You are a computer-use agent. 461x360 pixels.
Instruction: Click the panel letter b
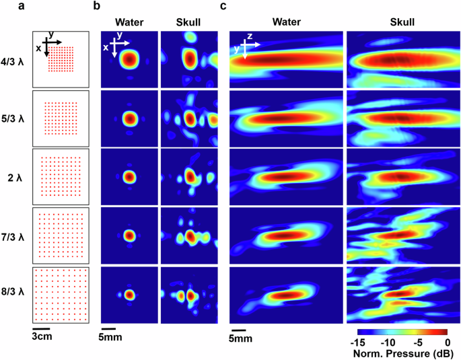click(97, 7)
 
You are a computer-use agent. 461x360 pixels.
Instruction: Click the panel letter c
click(223, 7)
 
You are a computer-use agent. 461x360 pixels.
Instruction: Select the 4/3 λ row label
click(14, 61)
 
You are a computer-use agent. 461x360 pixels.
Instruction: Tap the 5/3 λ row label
click(14, 119)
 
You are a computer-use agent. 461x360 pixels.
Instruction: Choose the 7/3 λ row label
click(14, 236)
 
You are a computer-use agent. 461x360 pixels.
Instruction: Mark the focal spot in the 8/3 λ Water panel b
click(129, 295)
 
